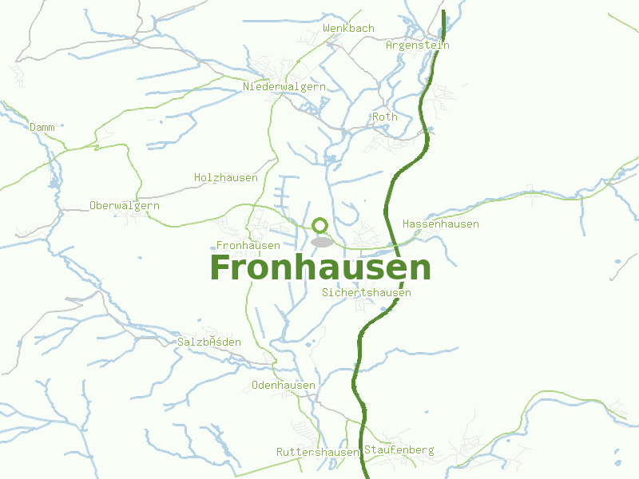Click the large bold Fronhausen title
point(319,268)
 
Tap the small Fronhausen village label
point(248,245)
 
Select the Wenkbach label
point(348,29)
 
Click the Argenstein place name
point(417,46)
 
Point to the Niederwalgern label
point(284,86)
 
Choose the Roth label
point(384,117)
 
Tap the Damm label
point(42,127)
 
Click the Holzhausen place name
point(226,177)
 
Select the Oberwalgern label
point(125,205)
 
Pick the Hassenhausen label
point(441,224)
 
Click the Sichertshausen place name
point(367,293)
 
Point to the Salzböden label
point(208,342)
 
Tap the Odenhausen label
point(284,385)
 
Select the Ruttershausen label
point(318,452)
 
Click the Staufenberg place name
point(399,450)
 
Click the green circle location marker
point(320,225)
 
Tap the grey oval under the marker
point(321,241)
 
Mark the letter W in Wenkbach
point(326,29)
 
